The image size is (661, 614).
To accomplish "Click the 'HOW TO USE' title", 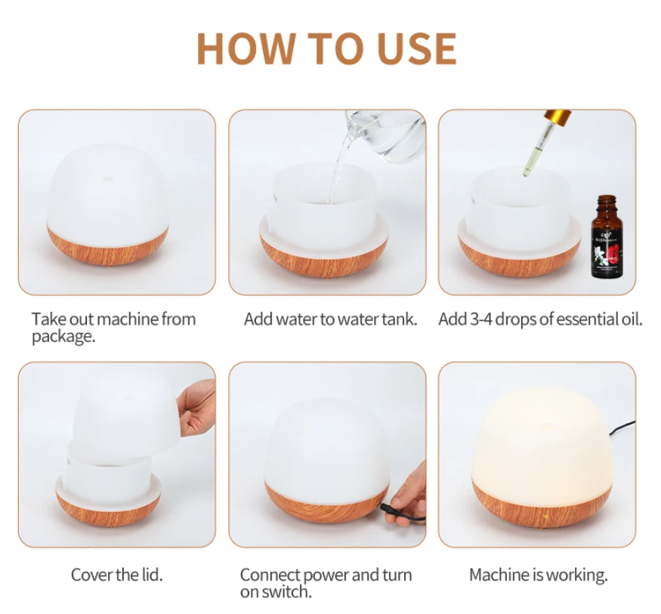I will pos(326,48).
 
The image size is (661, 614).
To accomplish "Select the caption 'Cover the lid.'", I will pos(116,575).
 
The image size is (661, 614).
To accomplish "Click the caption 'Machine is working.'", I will pos(538,575).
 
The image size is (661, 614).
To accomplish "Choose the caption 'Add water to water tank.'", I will pos(330,319).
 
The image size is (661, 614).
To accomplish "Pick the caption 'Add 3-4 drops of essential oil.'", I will pos(540,319).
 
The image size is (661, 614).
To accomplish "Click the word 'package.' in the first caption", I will pos(63,337).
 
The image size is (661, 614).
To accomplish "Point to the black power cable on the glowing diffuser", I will pos(623,427).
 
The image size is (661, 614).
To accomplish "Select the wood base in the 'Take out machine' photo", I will pos(106,245).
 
